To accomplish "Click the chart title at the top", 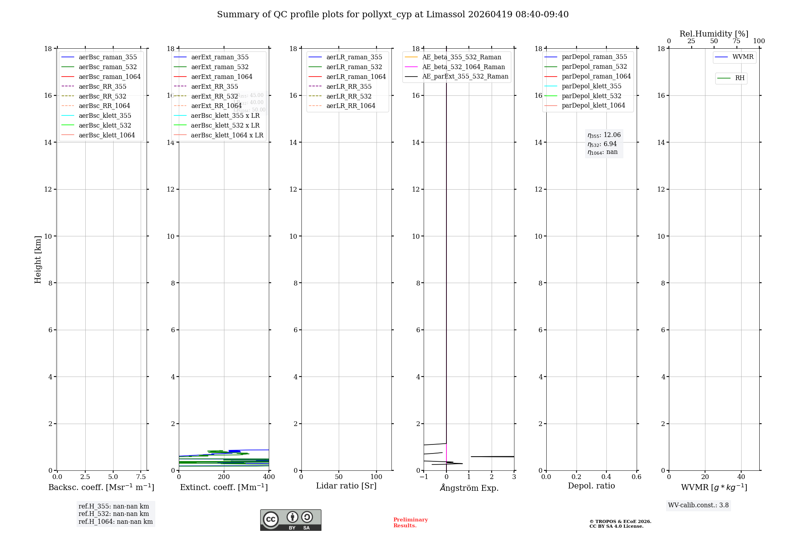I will (393, 15).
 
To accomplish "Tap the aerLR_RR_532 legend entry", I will (349, 96).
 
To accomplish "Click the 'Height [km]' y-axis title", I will (38, 260).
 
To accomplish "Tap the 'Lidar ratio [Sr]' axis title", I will (346, 486).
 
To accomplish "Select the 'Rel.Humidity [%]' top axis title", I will (714, 34).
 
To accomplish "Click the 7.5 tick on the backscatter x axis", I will (141, 477).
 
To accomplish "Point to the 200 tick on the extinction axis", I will (224, 477).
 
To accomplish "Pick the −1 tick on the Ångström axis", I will (424, 477).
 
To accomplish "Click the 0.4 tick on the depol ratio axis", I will (606, 477).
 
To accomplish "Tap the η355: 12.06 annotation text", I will (604, 135).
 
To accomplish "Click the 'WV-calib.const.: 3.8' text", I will (698, 505).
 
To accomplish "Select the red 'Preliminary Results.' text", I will (410, 523).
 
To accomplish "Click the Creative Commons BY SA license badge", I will (290, 520).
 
